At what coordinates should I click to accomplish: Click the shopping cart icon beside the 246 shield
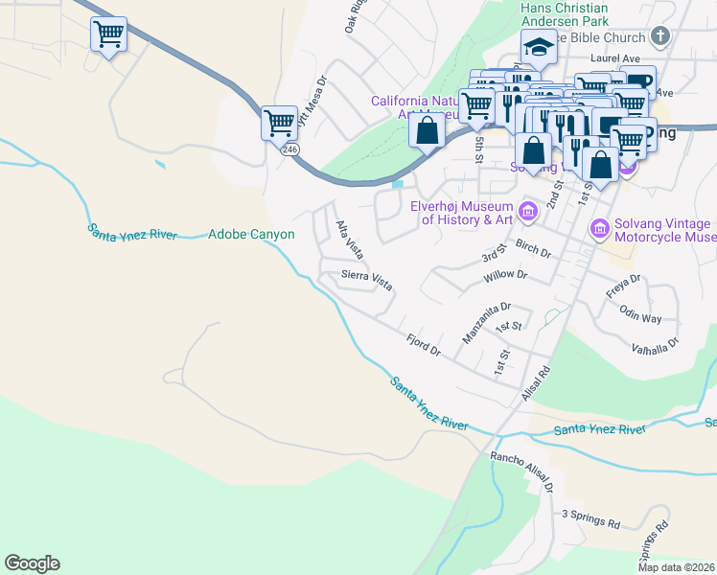coord(279,122)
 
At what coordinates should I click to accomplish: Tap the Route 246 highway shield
coord(289,149)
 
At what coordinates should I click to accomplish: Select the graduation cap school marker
coord(539,46)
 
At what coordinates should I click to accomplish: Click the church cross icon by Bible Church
coord(659,36)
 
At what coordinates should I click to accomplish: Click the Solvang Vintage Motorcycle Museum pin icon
coord(599,229)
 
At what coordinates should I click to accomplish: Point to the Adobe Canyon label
coord(251,234)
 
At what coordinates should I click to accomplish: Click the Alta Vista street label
coord(348,240)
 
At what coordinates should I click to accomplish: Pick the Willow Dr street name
coord(506,275)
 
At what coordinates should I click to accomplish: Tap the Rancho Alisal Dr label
coord(523,472)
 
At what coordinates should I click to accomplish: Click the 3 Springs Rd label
coord(590,519)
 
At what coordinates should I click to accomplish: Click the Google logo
coord(32,563)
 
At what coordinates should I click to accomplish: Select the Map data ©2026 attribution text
coord(677,567)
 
